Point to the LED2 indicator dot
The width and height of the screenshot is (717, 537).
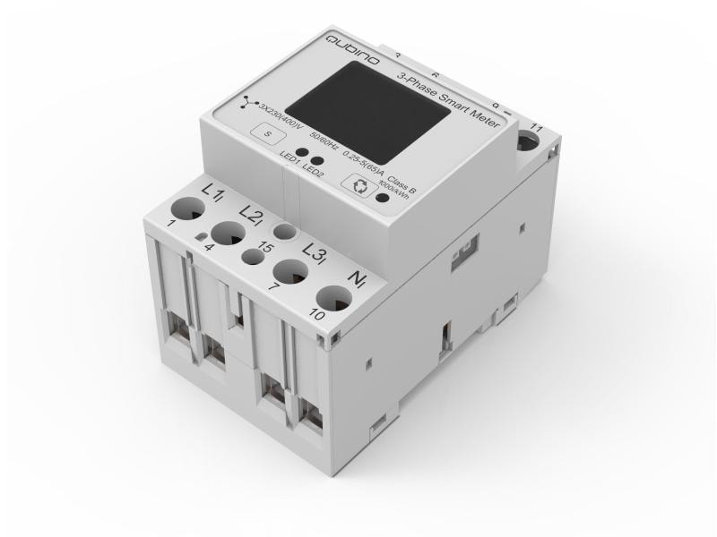tap(316, 162)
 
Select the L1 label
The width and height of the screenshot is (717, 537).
tap(212, 192)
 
